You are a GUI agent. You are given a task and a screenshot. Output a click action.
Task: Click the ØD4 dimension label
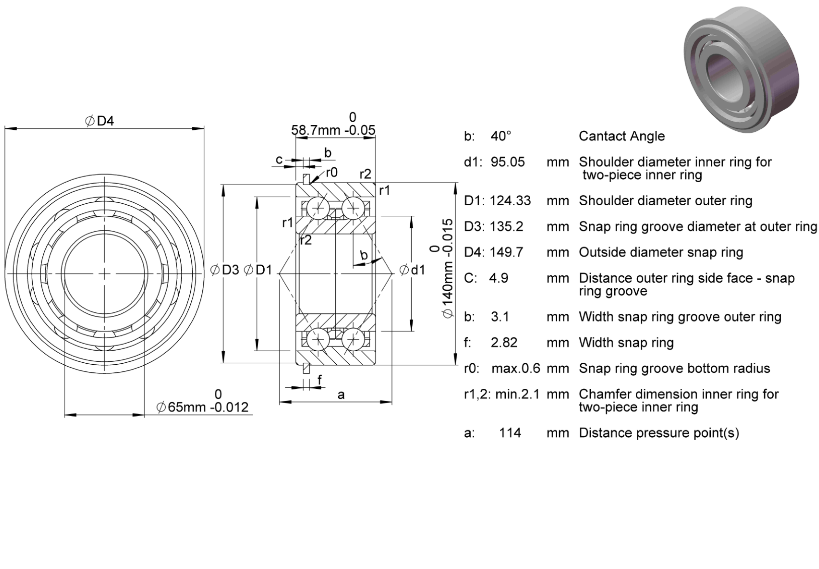100,121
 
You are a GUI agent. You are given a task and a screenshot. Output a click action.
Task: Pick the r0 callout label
332,173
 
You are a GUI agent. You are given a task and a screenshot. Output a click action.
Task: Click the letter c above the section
279,159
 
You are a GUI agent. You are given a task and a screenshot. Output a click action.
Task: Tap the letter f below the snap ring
320,380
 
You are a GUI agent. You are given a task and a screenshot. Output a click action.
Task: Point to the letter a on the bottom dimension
341,395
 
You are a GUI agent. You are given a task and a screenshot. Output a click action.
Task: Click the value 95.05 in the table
507,162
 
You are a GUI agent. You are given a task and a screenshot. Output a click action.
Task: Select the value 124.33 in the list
510,201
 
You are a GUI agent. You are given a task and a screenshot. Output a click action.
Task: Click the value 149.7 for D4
506,252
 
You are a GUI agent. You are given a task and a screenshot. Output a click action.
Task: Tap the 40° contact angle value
500,136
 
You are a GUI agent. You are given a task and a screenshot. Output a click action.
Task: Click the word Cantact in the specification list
599,136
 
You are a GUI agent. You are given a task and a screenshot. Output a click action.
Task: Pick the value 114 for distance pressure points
510,433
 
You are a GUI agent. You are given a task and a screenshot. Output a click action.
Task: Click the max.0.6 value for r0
516,368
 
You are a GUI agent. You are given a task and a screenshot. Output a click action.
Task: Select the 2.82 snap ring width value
504,343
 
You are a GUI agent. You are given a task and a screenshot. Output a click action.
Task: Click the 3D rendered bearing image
741,69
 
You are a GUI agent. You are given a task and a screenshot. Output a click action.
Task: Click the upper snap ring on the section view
307,179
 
